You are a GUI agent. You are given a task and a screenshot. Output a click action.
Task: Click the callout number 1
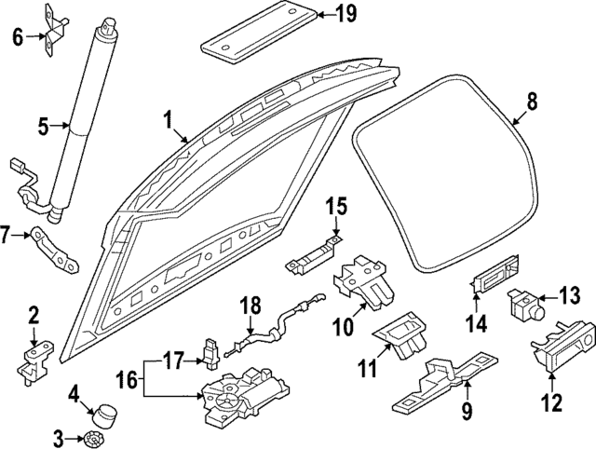click(x=168, y=120)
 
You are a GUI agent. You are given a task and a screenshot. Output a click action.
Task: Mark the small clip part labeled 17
click(x=211, y=353)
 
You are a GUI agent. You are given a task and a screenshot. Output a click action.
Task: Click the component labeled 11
click(x=401, y=334)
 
